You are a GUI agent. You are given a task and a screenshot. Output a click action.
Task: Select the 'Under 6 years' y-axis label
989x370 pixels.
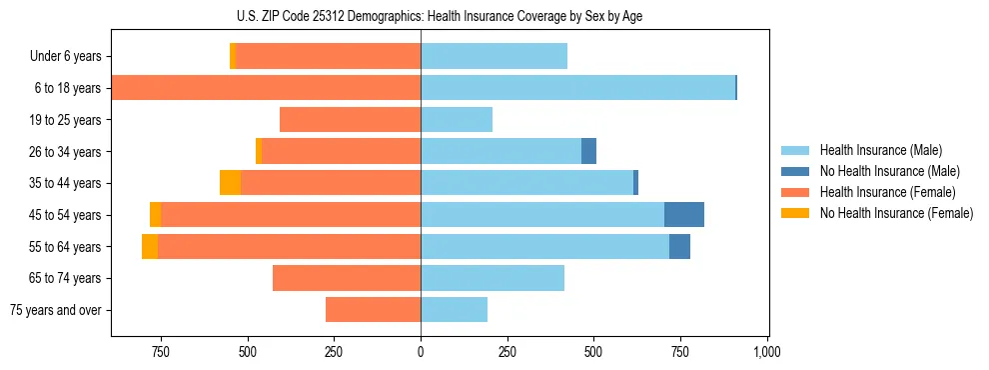click(65, 57)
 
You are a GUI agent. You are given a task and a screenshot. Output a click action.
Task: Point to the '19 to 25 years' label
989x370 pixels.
click(66, 120)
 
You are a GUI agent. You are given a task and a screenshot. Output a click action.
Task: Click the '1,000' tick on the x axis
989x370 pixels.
click(766, 352)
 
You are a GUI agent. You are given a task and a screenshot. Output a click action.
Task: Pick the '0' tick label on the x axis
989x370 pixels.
click(421, 352)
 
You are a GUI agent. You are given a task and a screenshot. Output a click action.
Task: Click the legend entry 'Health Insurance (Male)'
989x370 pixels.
click(881, 150)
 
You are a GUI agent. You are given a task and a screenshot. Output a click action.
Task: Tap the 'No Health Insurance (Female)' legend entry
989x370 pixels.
click(896, 213)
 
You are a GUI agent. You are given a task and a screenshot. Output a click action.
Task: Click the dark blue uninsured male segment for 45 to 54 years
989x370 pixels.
click(684, 215)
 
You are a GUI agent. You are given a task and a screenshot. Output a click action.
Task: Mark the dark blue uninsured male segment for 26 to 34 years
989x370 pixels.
click(588, 151)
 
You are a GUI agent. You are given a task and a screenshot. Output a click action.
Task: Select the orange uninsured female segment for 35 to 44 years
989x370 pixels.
click(230, 183)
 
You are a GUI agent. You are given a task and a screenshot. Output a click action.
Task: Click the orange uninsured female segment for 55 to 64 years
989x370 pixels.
click(150, 246)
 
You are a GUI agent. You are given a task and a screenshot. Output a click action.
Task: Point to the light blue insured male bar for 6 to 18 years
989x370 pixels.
click(577, 88)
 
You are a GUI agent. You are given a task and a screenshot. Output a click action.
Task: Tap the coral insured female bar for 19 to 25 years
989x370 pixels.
click(350, 120)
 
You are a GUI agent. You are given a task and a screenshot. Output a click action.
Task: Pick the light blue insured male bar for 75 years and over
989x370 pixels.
click(454, 310)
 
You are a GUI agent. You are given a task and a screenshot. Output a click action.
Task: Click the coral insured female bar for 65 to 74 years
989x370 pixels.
click(347, 278)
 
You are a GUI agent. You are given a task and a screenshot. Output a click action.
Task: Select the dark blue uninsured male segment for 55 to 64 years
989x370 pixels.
click(679, 246)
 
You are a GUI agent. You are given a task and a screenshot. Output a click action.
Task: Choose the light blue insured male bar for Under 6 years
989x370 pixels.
click(494, 57)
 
